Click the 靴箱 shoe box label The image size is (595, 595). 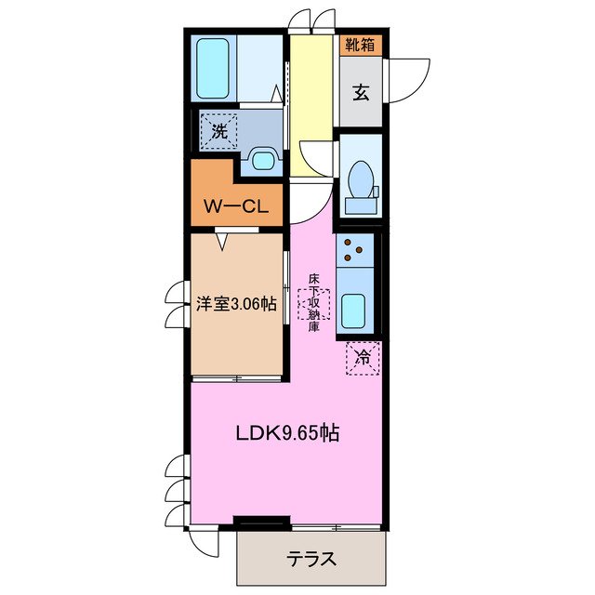click(x=361, y=44)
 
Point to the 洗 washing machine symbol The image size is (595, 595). click(x=218, y=131)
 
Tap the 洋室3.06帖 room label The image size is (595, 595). click(x=236, y=303)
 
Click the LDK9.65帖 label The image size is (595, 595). click(x=285, y=432)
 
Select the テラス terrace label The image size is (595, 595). click(x=311, y=561)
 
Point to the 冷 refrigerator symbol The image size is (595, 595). click(x=362, y=356)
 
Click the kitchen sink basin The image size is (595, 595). click(x=352, y=311)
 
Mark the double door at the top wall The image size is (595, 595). click(x=311, y=20)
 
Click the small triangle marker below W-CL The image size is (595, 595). click(x=223, y=241)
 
